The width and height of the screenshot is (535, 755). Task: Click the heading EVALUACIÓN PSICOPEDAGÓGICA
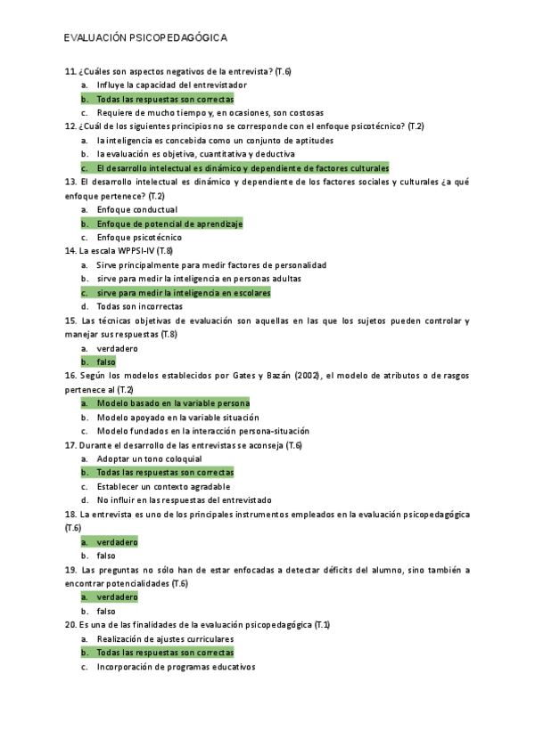[x=145, y=38]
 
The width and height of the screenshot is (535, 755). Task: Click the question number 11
[x=70, y=71]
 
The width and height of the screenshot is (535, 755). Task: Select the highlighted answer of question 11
[x=165, y=99]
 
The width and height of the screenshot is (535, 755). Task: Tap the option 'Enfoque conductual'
[x=137, y=209]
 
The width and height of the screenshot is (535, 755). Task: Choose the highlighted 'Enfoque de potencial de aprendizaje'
[x=169, y=223]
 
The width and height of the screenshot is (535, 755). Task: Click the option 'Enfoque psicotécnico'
[x=139, y=238]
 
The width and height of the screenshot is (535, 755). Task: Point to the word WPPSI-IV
[x=130, y=251]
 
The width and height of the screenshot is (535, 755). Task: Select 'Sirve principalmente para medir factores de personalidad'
[x=211, y=265]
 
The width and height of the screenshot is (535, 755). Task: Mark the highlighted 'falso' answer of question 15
[x=106, y=362]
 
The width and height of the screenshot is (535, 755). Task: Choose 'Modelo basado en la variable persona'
[x=173, y=403]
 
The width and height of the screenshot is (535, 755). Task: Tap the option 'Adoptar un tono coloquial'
[x=149, y=459]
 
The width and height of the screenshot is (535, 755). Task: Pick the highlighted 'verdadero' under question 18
[x=117, y=541]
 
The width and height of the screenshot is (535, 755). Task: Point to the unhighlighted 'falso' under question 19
[x=106, y=611]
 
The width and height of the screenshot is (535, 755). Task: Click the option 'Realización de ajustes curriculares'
[x=165, y=638]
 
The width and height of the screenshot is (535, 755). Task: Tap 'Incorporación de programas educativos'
[x=176, y=666]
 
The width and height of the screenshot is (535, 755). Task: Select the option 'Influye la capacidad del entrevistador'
[x=171, y=85]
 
